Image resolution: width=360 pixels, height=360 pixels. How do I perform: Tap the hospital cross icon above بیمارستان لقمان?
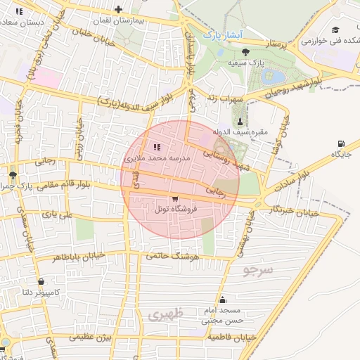[x=118, y=10]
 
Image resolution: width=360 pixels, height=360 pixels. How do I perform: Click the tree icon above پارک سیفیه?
[x=245, y=52]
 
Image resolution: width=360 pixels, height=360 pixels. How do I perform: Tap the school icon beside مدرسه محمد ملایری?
[x=156, y=147]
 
